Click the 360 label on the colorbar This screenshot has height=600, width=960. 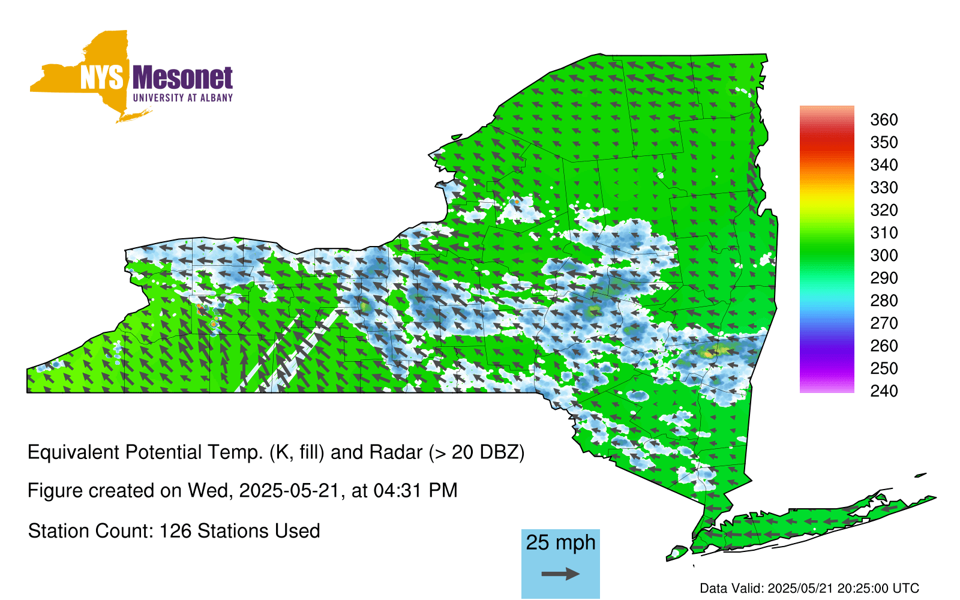pos(884,119)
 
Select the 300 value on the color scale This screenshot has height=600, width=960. pos(884,256)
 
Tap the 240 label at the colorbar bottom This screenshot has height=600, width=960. pos(884,391)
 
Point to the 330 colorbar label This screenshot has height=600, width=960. pos(884,188)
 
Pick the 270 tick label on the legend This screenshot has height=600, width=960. pos(884,323)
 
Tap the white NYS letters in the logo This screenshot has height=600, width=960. pos(101,77)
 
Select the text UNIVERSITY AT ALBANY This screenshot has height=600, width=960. pos(182,98)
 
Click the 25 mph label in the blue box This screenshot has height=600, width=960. pos(560,542)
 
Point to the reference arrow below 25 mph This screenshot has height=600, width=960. pos(560,574)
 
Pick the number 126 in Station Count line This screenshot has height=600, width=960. pos(175,532)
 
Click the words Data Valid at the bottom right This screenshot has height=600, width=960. pos(731,589)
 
